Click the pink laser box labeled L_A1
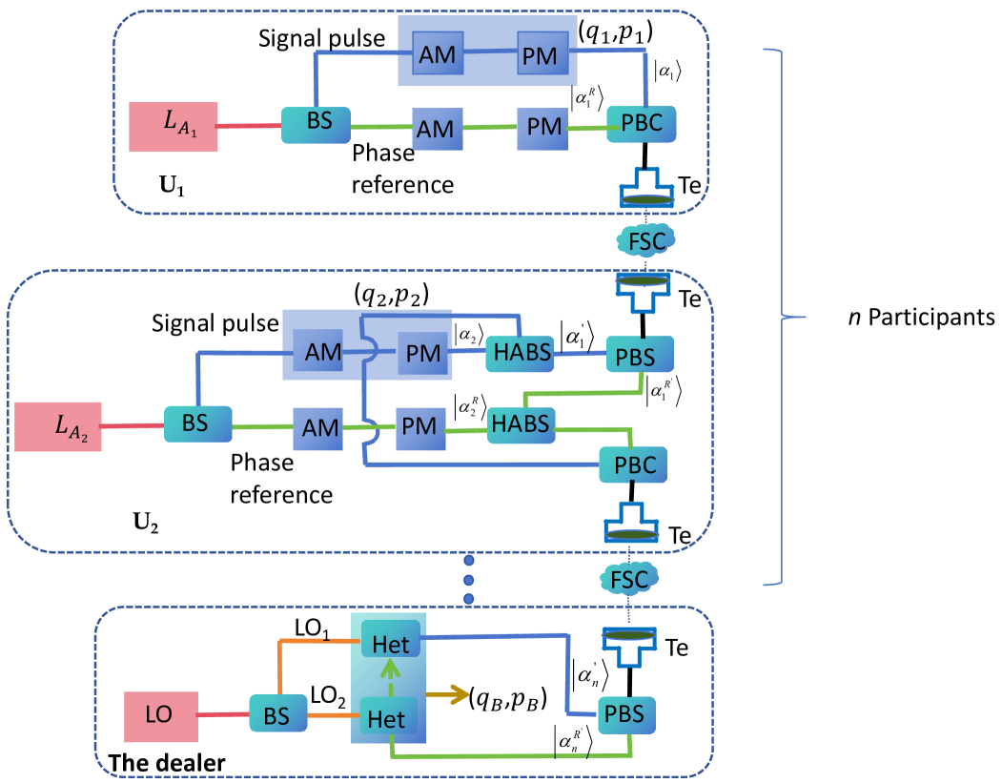tap(174, 125)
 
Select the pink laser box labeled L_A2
tap(57, 426)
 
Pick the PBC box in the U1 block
tap(643, 124)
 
